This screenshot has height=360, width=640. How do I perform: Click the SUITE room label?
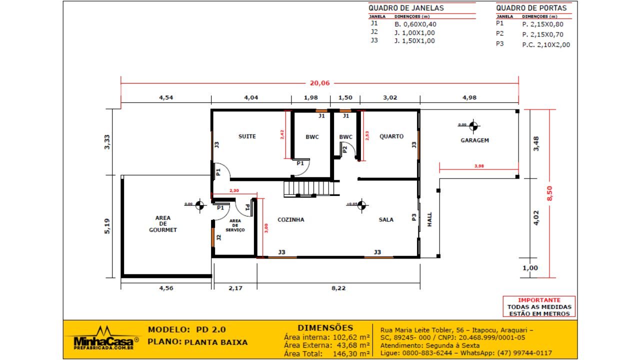[247, 136]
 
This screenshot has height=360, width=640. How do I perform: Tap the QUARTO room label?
[391, 136]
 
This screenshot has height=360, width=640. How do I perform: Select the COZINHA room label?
[290, 219]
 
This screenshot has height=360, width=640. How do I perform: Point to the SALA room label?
[385, 219]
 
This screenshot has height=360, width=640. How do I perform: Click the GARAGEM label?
[474, 140]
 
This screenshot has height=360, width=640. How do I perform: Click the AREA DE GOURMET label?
[162, 224]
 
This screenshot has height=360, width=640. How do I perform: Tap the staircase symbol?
[308, 189]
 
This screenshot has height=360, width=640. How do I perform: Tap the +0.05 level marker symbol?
[361, 204]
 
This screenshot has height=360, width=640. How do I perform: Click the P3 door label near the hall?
[414, 217]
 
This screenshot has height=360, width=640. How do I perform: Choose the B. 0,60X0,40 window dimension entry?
[415, 24]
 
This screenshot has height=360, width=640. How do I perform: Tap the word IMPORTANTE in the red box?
[538, 300]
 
